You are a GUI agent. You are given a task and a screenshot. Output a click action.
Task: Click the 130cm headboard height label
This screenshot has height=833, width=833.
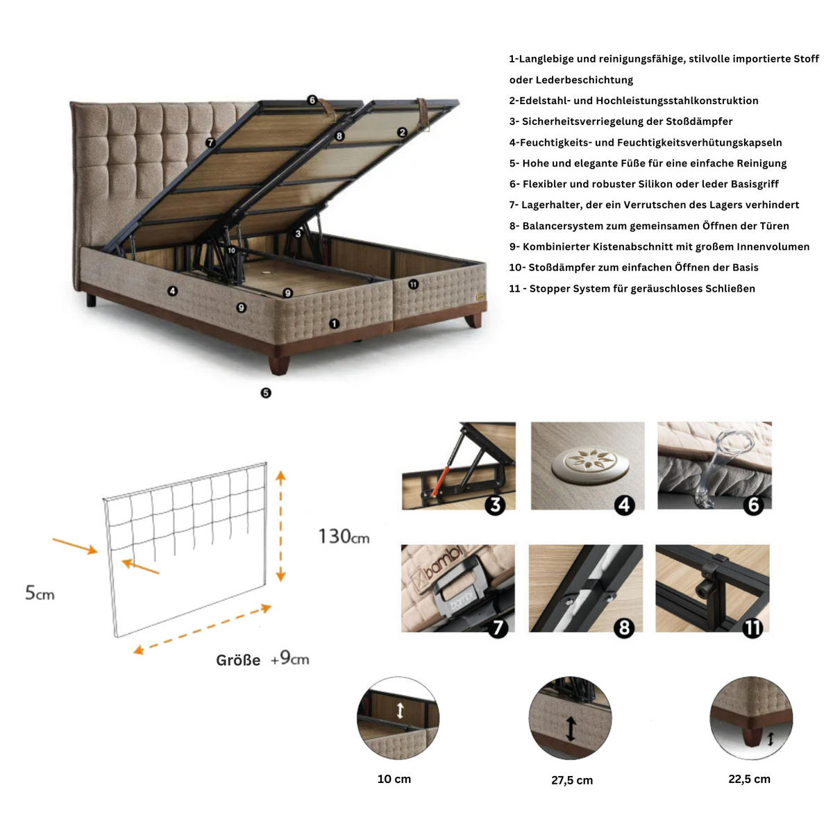[344, 536]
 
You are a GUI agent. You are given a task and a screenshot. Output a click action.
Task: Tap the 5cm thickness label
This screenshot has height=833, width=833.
[40, 593]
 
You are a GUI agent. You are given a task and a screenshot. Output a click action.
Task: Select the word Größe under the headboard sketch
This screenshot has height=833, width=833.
[238, 660]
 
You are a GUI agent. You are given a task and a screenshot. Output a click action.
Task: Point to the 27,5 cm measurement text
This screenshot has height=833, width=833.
[572, 780]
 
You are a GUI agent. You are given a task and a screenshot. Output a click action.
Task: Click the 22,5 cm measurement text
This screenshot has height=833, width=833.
[749, 779]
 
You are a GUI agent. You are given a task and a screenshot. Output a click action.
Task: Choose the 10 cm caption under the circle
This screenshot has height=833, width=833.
[394, 779]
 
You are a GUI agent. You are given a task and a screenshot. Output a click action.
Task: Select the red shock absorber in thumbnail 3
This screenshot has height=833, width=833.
[437, 484]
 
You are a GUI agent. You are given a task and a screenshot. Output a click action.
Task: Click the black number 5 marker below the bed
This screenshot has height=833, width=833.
[266, 393]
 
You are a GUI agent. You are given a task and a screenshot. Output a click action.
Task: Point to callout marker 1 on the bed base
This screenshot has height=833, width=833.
[334, 323]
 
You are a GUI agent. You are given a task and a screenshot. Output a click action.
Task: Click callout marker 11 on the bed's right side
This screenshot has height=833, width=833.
[414, 285]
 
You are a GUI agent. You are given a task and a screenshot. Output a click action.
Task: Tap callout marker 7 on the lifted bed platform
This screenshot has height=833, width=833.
[210, 142]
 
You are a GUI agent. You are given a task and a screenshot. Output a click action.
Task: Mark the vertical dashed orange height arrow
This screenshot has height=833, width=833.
[280, 525]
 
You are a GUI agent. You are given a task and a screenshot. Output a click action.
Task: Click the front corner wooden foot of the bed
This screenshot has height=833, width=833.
[279, 364]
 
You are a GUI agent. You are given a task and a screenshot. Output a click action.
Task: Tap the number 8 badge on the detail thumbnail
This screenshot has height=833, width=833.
[624, 628]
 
